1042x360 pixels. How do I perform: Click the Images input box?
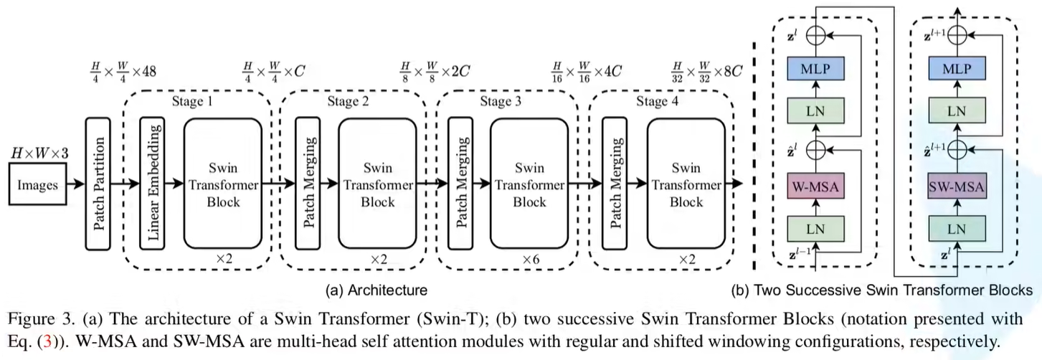[x=37, y=185]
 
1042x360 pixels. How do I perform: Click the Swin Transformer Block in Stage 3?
[x=528, y=185]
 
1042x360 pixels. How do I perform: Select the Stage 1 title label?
[x=193, y=101]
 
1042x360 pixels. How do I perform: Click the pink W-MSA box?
[x=816, y=189]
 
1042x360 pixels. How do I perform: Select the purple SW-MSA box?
[x=956, y=189]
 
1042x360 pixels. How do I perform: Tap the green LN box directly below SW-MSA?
[x=956, y=229]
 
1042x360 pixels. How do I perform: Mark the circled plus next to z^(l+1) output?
[x=956, y=33]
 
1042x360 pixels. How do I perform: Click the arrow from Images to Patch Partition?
[x=74, y=185]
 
